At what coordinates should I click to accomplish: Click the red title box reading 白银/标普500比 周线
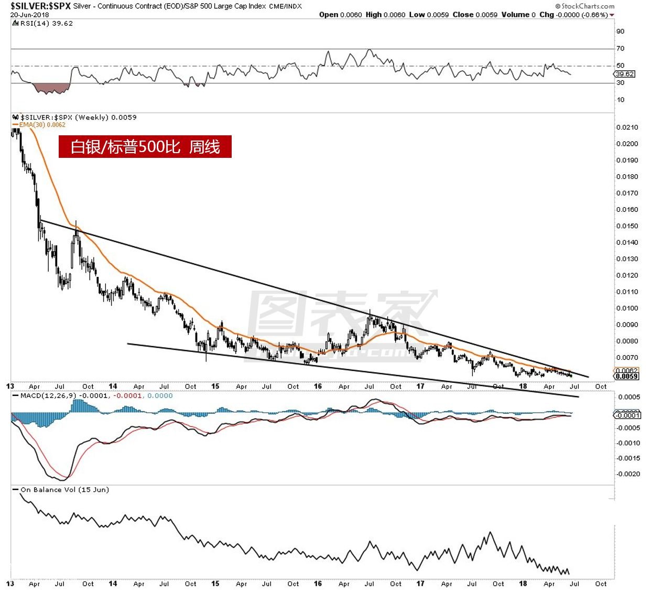tap(145, 147)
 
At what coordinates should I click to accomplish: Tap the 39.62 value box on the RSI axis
tap(625, 74)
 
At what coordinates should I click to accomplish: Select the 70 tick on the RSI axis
tap(621, 48)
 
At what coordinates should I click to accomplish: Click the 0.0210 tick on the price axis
tap(627, 127)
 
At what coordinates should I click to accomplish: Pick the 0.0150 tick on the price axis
tap(627, 226)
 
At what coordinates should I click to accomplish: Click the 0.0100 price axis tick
tap(627, 308)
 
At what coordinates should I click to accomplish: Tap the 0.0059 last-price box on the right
tap(627, 376)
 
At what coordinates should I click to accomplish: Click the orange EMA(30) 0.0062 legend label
tap(42, 125)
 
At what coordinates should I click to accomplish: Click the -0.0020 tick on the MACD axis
tap(628, 474)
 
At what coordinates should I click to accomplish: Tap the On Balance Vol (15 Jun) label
tap(64, 490)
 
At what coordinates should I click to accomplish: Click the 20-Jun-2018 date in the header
tap(29, 15)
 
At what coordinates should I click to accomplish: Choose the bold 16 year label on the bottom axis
tap(318, 584)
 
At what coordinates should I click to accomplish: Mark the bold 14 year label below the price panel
tap(113, 387)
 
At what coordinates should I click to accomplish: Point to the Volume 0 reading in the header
tap(518, 15)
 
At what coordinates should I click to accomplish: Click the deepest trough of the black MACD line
tap(59, 479)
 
